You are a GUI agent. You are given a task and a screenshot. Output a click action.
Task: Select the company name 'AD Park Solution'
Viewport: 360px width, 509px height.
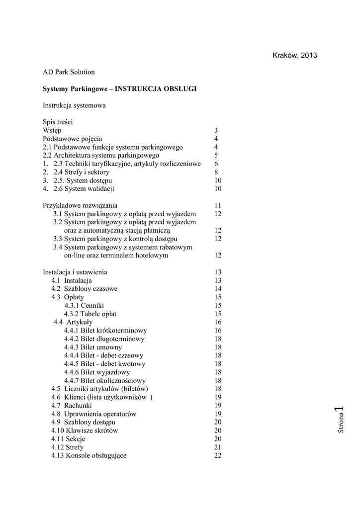click(69, 72)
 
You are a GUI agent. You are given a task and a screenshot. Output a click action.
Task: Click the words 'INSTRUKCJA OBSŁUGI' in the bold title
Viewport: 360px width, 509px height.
click(156, 89)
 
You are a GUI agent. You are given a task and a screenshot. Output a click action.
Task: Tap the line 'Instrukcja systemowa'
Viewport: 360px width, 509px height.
click(74, 105)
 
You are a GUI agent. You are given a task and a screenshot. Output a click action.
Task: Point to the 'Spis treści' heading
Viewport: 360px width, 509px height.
click(59, 122)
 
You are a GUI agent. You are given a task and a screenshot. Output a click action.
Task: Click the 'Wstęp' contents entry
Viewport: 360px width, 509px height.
click(52, 131)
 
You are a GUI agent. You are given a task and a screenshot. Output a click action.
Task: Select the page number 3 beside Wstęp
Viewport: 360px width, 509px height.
click(216, 131)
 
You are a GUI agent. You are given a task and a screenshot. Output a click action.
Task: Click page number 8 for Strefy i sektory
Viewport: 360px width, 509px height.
click(216, 172)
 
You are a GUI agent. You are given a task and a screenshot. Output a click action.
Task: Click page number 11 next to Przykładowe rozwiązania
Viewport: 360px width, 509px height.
click(217, 206)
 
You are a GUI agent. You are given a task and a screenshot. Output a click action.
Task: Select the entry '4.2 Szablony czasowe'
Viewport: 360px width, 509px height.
click(85, 289)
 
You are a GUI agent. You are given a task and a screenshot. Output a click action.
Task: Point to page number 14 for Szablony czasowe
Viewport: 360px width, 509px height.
click(218, 289)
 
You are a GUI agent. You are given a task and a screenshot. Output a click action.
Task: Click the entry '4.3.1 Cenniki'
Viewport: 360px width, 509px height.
click(84, 306)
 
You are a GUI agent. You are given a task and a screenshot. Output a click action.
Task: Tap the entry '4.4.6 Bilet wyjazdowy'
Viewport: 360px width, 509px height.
click(97, 372)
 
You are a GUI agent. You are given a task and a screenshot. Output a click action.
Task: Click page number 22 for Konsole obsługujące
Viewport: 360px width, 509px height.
click(218, 456)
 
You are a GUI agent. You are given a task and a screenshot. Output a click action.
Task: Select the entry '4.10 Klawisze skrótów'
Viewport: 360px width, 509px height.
click(85, 430)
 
